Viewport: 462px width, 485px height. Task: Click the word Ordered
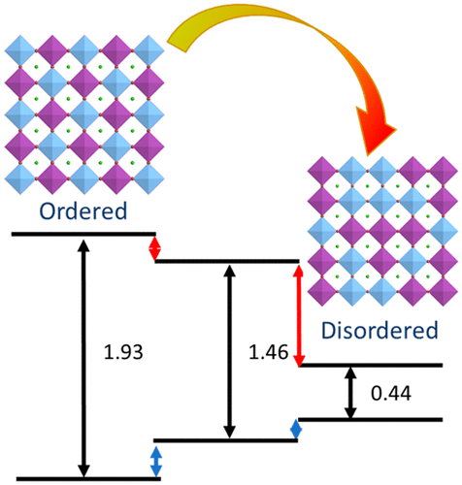[x=82, y=212]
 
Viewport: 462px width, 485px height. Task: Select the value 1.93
[x=123, y=351]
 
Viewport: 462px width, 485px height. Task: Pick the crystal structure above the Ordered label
[x=82, y=113]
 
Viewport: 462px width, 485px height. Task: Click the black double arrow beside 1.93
[x=84, y=356]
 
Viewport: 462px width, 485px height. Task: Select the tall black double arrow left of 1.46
[x=229, y=350]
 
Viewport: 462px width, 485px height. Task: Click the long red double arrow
[x=299, y=312]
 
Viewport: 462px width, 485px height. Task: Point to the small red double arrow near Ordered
[x=154, y=247]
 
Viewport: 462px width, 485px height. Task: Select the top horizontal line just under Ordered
[x=82, y=234]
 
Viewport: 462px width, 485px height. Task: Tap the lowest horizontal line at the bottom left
[x=82, y=478]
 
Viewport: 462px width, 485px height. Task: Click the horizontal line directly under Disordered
[x=371, y=366]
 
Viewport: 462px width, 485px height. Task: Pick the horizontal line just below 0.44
[x=371, y=419]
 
